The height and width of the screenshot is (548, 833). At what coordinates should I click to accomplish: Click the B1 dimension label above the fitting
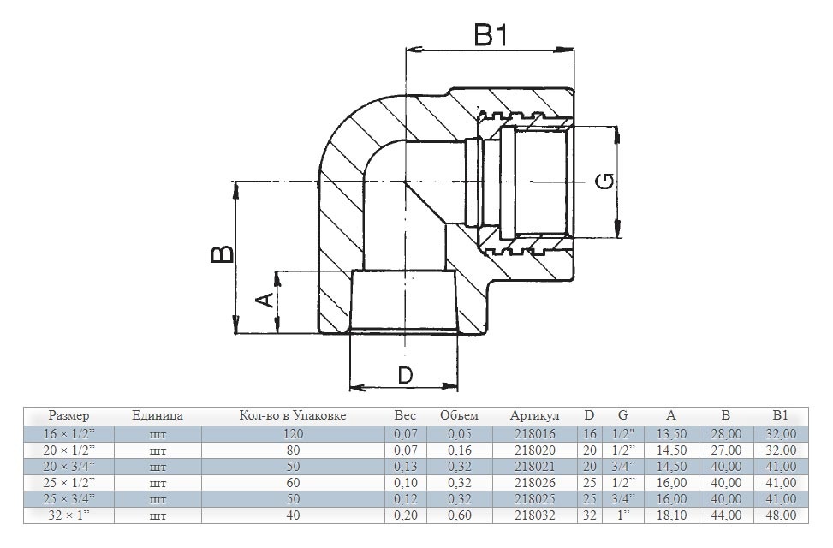pos(491,36)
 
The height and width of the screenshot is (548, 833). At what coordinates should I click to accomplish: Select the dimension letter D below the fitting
pos(405,375)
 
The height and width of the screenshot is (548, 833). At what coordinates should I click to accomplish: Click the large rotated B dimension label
pos(222,254)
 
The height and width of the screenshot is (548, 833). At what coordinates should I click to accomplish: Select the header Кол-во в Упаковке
pos(293,415)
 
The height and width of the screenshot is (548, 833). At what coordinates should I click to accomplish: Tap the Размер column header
pos(69,415)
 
